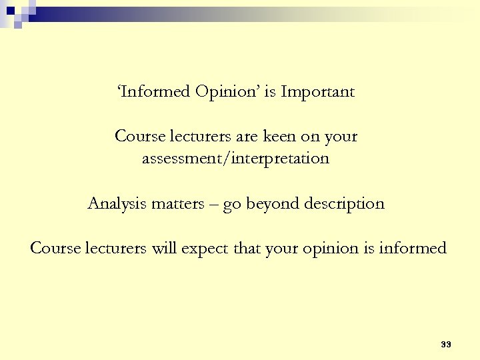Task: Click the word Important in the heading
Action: pyautogui.click(x=317, y=92)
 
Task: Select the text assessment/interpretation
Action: pyautogui.click(x=235, y=159)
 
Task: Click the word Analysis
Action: pyautogui.click(x=116, y=204)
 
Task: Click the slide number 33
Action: pyautogui.click(x=446, y=345)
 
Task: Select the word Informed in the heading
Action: pyautogui.click(x=155, y=92)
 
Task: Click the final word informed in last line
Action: pyautogui.click(x=413, y=249)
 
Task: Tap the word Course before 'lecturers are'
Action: pyautogui.click(x=139, y=137)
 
